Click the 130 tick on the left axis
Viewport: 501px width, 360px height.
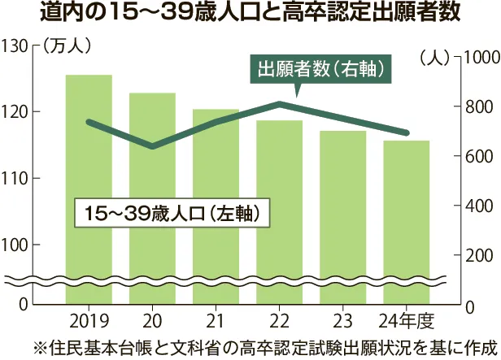[15, 46]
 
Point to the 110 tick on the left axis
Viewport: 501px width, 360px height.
[15, 178]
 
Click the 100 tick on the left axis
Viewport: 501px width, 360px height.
[15, 245]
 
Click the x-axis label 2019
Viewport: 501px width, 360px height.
[89, 317]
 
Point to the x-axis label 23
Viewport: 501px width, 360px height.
[343, 317]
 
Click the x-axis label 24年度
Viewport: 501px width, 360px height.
[407, 317]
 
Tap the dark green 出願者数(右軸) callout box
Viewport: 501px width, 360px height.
[319, 69]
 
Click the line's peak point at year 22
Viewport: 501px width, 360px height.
[280, 104]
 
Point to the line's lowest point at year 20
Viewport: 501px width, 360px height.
[152, 146]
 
